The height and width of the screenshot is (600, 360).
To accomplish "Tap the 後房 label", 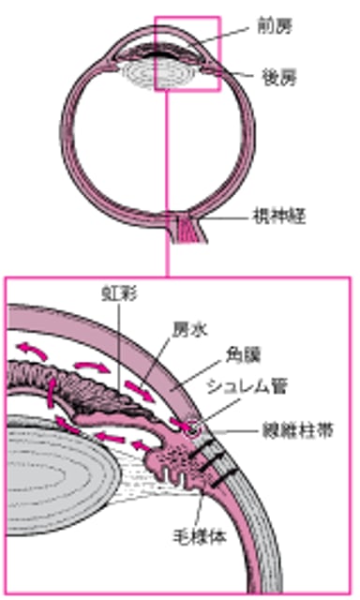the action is coord(273,73).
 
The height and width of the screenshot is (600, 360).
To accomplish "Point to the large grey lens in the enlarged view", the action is coord(56,469).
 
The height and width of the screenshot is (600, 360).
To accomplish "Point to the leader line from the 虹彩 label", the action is coord(120,337).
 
